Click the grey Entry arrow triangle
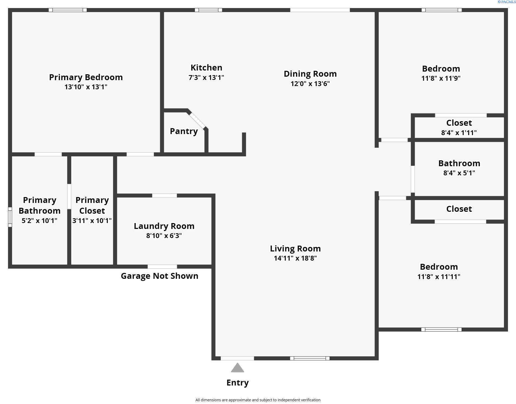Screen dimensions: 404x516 click(x=238, y=368)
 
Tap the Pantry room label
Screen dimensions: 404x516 click(x=184, y=131)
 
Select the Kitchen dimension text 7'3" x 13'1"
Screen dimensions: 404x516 click(x=206, y=77)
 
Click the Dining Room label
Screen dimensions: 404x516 click(x=310, y=74)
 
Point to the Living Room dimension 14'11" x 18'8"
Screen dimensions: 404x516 click(x=295, y=258)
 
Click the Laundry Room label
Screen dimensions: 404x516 click(x=164, y=226)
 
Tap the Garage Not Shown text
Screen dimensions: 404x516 click(x=160, y=276)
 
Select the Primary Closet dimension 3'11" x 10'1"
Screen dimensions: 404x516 click(x=92, y=221)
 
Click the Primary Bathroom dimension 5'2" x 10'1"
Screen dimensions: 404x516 click(x=39, y=221)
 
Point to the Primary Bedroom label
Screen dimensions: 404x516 click(x=86, y=77)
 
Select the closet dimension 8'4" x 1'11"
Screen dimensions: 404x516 click(x=459, y=133)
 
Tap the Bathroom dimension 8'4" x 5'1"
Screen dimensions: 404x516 click(x=459, y=173)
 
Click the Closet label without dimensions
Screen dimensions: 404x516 click(x=459, y=209)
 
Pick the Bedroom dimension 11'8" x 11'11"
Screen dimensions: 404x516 click(x=439, y=277)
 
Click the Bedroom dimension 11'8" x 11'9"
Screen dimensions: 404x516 click(x=441, y=78)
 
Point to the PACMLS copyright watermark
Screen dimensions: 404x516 click(x=506, y=2)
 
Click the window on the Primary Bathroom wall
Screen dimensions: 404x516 click(x=10, y=217)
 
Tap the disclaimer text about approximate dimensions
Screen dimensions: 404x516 click(x=258, y=400)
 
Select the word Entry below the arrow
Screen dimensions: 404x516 click(x=238, y=383)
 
